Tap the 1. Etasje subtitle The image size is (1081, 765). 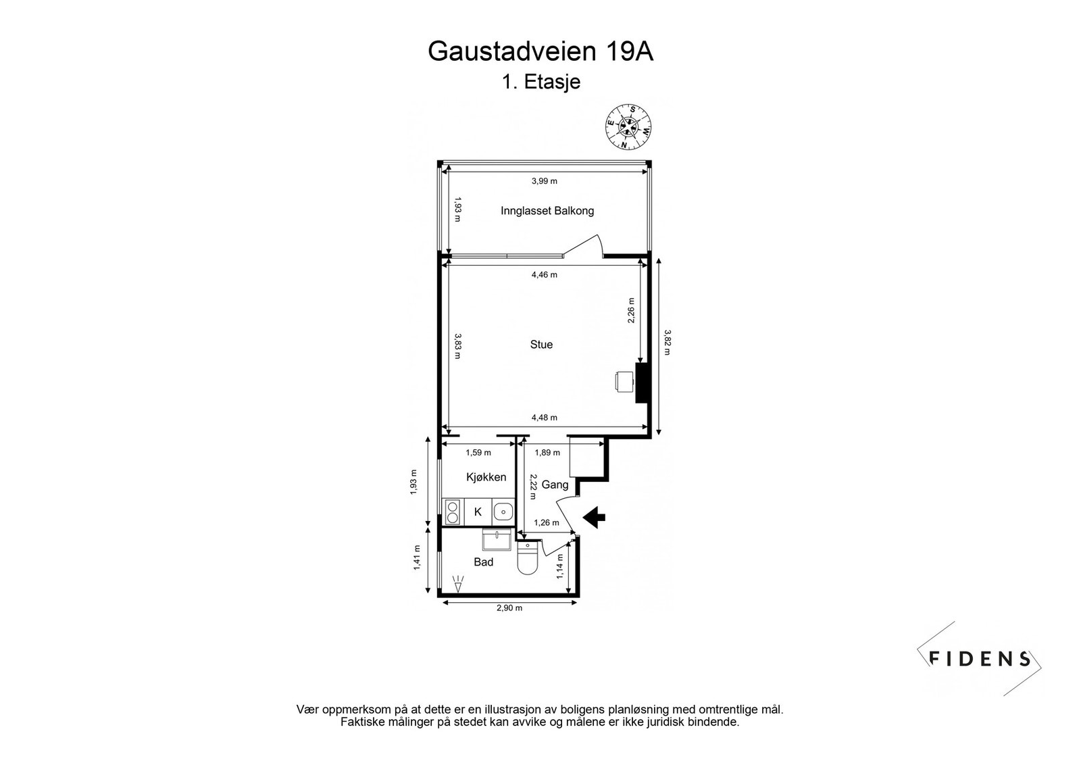coord(540,82)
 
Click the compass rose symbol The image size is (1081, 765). coord(628,126)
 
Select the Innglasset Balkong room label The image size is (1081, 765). coord(547,211)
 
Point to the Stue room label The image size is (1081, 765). coord(541,345)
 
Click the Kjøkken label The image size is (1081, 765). coord(486,477)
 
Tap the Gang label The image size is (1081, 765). coord(555,485)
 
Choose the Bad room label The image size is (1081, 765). coord(484,562)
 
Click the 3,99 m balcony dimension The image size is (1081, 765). coord(544,181)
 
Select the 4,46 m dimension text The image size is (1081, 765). coord(544,275)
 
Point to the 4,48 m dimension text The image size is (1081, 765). coord(544,418)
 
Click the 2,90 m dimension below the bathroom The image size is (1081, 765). coord(509,608)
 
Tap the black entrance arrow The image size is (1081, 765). coord(594,518)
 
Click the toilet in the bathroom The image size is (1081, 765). coord(526,560)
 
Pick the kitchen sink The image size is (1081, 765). coord(502,512)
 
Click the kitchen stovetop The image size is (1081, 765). coord(452,512)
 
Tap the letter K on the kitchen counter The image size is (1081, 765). coord(478,512)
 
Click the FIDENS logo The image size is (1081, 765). coord(980,659)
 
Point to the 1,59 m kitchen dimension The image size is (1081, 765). coord(478,453)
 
